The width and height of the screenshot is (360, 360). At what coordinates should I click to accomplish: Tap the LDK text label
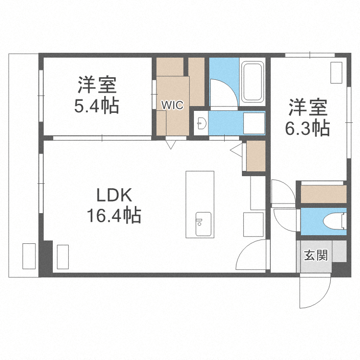pyautogui.click(x=114, y=195)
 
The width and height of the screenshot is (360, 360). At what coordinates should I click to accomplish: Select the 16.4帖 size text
pyautogui.click(x=114, y=216)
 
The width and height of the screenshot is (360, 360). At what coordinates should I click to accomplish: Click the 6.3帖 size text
pyautogui.click(x=308, y=128)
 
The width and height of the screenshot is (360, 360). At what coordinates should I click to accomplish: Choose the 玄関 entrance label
pyautogui.click(x=315, y=255)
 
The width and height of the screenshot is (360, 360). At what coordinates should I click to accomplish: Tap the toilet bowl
pyautogui.click(x=335, y=222)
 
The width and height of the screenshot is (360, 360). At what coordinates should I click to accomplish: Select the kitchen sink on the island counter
pyautogui.click(x=201, y=223)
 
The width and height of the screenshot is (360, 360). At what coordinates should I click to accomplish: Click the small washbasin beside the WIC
pyautogui.click(x=201, y=123)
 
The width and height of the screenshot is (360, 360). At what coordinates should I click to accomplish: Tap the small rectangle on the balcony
pyautogui.click(x=29, y=256)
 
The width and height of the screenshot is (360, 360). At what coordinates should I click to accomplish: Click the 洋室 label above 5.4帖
pyautogui.click(x=96, y=85)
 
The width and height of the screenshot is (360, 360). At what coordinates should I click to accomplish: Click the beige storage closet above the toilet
pyautogui.click(x=323, y=193)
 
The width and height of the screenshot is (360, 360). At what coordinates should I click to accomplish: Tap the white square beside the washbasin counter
pyautogui.click(x=254, y=124)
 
